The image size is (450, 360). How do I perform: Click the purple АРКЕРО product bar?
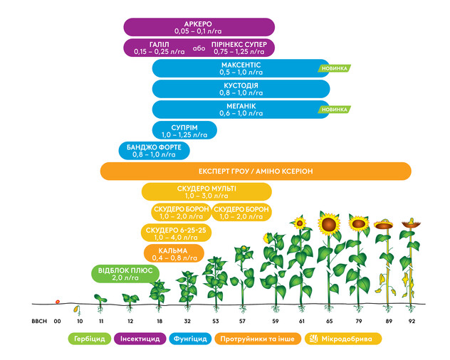(199, 27)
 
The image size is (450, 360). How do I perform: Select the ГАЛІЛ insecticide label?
(159, 48)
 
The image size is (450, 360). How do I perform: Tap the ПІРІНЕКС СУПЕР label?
(239, 48)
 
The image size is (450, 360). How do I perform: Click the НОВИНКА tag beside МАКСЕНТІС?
(334, 68)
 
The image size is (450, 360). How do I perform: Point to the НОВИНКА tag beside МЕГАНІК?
(334, 110)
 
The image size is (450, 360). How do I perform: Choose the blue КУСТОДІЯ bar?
(241, 89)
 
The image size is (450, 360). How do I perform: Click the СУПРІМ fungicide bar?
(184, 130)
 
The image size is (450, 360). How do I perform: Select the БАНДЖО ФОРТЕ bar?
(154, 151)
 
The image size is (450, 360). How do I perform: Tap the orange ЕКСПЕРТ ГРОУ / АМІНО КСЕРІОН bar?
(256, 171)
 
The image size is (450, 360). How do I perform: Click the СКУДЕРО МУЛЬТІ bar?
(206, 191)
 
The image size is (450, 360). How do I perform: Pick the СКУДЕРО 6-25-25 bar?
(176, 233)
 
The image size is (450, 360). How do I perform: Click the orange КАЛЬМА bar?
(174, 253)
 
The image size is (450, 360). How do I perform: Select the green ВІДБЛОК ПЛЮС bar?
(125, 274)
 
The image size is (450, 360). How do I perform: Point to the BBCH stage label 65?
(330, 321)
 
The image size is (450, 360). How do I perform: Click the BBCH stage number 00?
(58, 321)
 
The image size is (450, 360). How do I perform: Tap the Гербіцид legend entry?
(90, 339)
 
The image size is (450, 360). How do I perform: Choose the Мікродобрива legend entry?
(343, 339)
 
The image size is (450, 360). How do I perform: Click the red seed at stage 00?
(58, 302)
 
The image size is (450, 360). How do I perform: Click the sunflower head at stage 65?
(329, 224)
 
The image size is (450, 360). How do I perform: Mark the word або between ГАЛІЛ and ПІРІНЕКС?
(199, 48)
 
